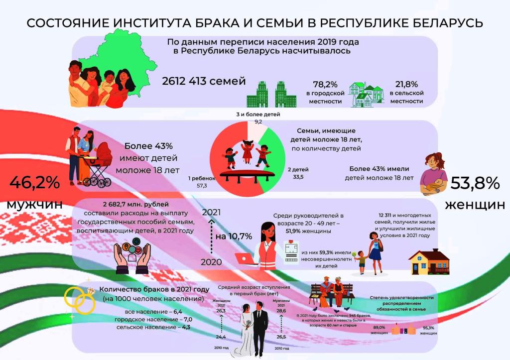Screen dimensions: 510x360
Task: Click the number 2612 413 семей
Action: (x=204, y=81)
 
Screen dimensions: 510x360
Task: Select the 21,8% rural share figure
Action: (x=406, y=84)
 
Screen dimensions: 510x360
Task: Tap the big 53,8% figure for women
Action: (x=475, y=183)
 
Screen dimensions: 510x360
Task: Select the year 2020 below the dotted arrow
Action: (x=211, y=261)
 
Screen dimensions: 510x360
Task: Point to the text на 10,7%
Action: (x=234, y=236)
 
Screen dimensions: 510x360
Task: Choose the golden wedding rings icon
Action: (x=78, y=298)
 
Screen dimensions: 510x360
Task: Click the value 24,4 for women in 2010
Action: (x=220, y=337)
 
